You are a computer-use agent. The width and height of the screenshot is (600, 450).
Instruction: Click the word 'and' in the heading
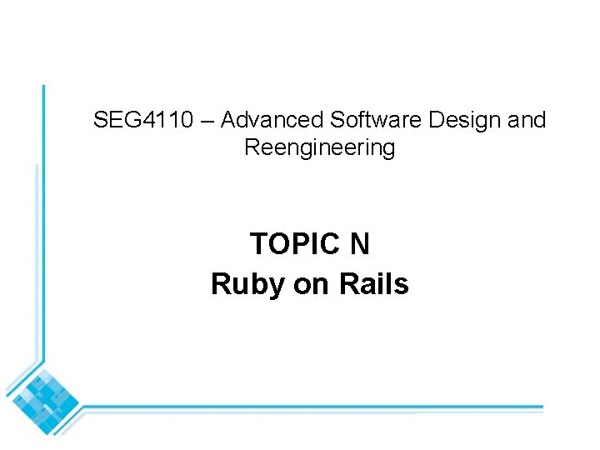coord(527,120)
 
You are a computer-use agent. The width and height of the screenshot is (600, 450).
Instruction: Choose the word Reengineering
coord(320,148)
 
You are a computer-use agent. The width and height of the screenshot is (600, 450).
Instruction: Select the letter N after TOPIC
coord(360,244)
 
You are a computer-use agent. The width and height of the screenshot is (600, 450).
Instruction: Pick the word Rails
coord(374,284)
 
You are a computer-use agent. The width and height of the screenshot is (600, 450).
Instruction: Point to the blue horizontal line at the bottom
coord(317,407)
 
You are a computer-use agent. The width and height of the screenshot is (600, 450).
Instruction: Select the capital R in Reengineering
coord(252,148)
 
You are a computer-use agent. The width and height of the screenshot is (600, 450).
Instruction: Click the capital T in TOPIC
coord(259,244)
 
